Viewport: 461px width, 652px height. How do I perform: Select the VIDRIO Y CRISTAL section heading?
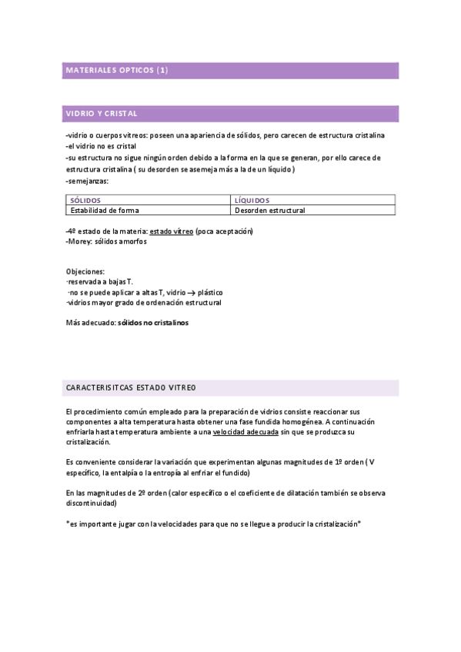102,114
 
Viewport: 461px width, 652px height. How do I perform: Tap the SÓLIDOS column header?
85,200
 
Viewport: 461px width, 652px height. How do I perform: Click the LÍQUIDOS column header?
252,200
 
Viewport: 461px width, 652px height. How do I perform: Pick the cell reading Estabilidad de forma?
105,210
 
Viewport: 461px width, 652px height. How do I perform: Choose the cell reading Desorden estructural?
270,210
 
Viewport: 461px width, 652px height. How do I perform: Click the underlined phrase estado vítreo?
172,231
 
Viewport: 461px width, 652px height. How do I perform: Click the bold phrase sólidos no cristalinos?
152,323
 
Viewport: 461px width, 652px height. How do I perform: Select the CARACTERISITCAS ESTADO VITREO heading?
132,387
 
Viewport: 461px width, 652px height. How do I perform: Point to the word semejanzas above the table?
89,181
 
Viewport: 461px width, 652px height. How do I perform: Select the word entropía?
169,473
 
